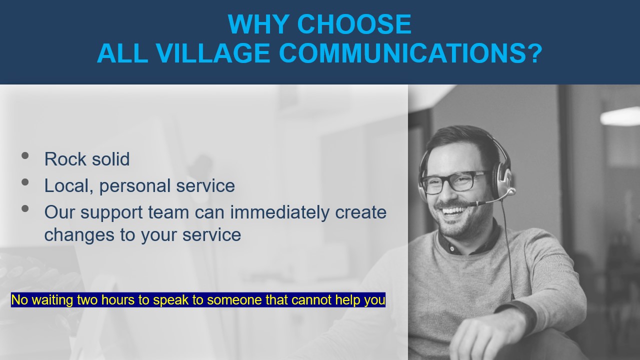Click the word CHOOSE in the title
(x=354, y=24)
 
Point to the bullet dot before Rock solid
(x=25, y=155)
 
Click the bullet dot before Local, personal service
(x=25, y=182)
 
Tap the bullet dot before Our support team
(x=25, y=208)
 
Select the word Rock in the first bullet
(x=65, y=159)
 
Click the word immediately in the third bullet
(x=280, y=213)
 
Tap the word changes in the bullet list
(x=79, y=235)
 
